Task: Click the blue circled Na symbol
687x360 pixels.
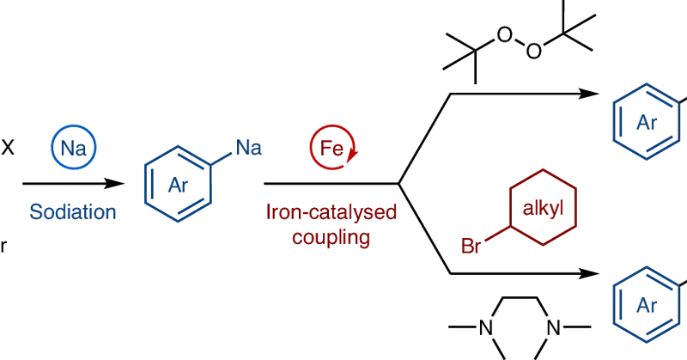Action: (x=73, y=147)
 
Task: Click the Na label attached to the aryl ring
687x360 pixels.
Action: (x=248, y=149)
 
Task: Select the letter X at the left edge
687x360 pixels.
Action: (x=8, y=148)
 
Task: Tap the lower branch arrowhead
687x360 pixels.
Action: (x=593, y=275)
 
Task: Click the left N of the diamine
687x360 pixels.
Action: (x=486, y=327)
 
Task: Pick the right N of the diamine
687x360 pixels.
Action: (x=553, y=327)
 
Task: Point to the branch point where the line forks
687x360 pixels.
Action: (x=398, y=183)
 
